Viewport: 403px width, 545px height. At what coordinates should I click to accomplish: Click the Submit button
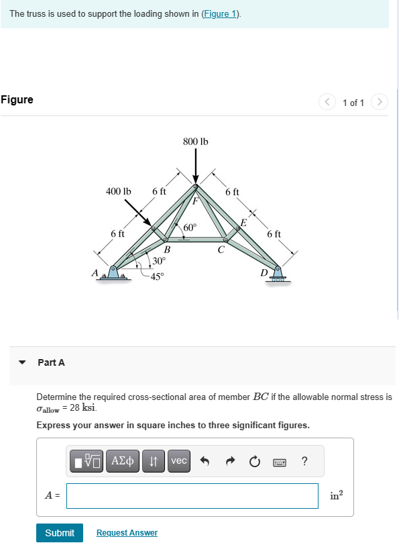tap(60, 533)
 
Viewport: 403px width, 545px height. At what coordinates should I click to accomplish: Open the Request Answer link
tap(127, 533)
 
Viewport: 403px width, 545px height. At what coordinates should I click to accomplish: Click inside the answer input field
tap(192, 496)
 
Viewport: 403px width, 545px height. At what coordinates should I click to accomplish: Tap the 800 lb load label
tap(195, 142)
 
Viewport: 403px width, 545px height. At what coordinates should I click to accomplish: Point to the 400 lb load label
tap(119, 191)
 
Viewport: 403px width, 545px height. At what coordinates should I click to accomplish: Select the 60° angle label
tap(190, 228)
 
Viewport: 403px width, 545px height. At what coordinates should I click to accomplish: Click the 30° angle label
tap(159, 260)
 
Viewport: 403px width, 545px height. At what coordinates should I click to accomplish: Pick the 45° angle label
tap(157, 276)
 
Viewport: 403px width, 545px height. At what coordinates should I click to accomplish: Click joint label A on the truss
tap(95, 272)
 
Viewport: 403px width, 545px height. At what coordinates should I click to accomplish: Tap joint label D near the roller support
tap(264, 272)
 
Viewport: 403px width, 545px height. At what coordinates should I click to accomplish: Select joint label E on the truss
tap(243, 222)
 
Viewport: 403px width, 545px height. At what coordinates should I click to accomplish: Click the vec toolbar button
tap(179, 461)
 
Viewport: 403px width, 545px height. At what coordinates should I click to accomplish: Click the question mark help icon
tap(305, 461)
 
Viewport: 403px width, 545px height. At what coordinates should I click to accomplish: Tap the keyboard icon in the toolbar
tap(280, 462)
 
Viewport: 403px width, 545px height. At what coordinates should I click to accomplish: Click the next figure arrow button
tap(380, 103)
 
